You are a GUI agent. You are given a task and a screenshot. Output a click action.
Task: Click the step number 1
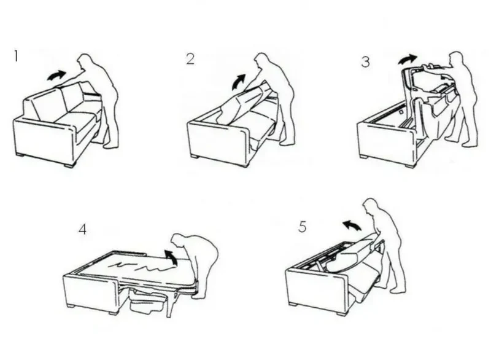pos(16,57)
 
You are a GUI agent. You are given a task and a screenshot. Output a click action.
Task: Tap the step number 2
pos(190,59)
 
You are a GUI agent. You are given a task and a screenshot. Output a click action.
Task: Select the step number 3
pos(365,61)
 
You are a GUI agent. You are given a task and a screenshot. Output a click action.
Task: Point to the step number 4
pos(82,229)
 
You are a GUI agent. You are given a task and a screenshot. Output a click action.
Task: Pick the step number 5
pos(302,227)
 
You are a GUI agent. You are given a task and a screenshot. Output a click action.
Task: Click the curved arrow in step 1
pos(56,76)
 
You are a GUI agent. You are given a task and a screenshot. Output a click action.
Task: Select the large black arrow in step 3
pos(407,58)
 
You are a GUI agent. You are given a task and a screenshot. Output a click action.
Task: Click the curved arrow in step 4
pos(171,257)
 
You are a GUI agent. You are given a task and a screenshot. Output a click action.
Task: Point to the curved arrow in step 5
pos(352,225)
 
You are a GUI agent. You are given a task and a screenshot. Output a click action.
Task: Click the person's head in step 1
pos(85,61)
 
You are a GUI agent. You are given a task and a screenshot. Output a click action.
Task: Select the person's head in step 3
pos(455,58)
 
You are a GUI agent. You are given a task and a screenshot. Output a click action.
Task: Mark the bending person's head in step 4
pos(179,241)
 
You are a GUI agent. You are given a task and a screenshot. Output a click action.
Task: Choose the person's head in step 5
pos(371,207)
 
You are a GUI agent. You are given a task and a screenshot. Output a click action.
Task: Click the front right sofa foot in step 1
pos(69,165)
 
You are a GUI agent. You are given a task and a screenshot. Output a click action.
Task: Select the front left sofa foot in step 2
pos(194,156)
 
